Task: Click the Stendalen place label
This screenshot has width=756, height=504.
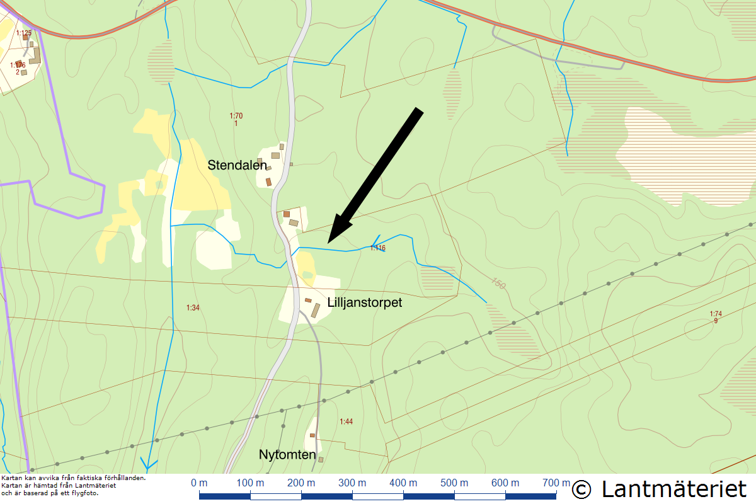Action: [x=238, y=165]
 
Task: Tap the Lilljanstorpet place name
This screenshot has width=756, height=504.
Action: [x=364, y=302]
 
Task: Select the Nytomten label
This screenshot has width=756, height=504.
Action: [x=287, y=454]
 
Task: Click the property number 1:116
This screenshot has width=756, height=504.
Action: [x=377, y=248]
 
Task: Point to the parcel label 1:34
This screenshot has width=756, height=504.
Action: [x=193, y=307]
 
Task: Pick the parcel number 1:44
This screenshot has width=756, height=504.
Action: [x=346, y=421]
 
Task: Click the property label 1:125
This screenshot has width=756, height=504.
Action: [x=24, y=33]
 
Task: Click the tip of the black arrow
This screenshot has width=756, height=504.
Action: [x=329, y=243]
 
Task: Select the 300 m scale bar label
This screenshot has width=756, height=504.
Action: [x=352, y=483]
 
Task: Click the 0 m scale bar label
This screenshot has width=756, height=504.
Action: [x=199, y=483]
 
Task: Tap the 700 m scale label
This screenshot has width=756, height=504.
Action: [x=556, y=483]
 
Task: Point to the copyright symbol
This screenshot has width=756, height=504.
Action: [x=582, y=490]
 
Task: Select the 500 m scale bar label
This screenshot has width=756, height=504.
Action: [x=454, y=483]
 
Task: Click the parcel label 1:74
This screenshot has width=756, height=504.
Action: [x=716, y=314]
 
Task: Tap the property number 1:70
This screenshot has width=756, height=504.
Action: [x=236, y=116]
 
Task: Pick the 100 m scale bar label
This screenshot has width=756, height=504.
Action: [x=250, y=483]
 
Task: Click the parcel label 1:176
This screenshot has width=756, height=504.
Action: [x=18, y=65]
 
